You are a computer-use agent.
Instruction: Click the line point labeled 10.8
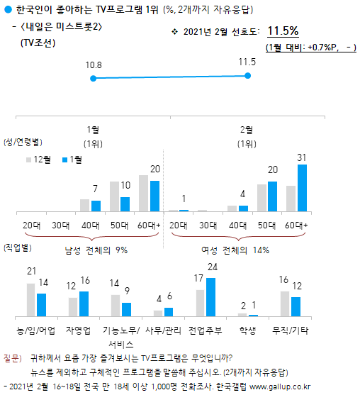click(x=94, y=78)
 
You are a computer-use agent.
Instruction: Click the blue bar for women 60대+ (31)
click(x=302, y=188)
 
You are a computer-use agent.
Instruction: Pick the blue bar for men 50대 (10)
click(x=125, y=204)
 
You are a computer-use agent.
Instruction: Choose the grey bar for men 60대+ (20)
click(x=145, y=193)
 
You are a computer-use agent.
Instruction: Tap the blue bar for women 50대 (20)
click(x=272, y=196)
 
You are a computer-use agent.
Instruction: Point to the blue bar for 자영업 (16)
click(x=83, y=304)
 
